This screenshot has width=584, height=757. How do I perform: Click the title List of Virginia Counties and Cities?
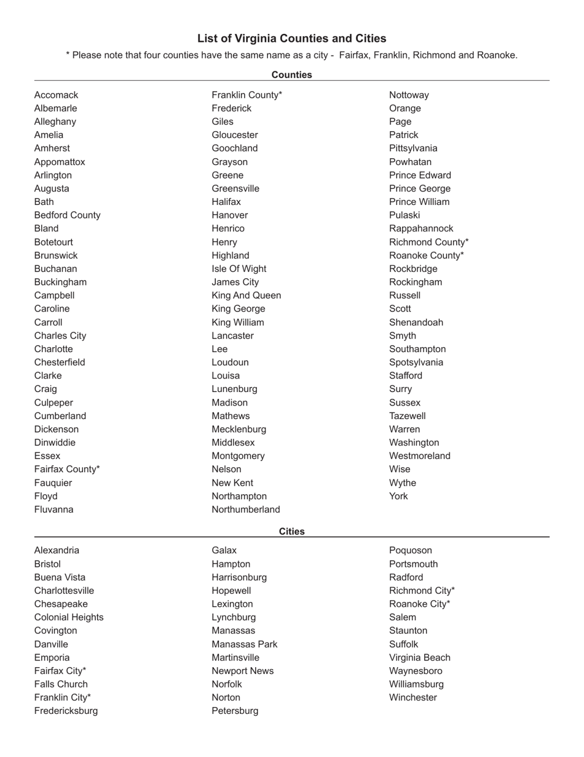[291, 38]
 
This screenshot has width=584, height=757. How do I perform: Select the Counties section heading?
[291, 74]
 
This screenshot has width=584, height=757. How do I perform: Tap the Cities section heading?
[291, 531]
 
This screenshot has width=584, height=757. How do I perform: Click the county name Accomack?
[56, 95]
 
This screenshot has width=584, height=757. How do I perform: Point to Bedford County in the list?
[67, 215]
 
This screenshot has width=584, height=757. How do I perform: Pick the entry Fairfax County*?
[67, 469]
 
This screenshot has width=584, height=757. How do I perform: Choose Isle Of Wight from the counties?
[239, 268]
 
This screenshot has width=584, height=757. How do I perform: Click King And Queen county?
[246, 295]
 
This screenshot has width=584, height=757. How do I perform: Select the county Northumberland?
[246, 510]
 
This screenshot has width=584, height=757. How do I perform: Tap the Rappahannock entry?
[421, 228]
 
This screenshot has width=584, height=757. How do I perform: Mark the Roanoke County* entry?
[427, 255]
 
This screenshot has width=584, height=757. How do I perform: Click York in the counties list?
[398, 496]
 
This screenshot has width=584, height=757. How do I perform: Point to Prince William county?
[419, 202]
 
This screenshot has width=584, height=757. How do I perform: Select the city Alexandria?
[57, 550]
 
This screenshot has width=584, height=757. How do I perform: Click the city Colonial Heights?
[69, 617]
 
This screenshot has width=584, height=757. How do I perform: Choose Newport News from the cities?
[243, 671]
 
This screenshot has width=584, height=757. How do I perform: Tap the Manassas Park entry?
[245, 644]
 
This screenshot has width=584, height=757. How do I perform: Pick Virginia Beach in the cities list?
[420, 657]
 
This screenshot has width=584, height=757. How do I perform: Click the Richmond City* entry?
[422, 591]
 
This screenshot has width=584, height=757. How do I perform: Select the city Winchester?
[413, 697]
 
